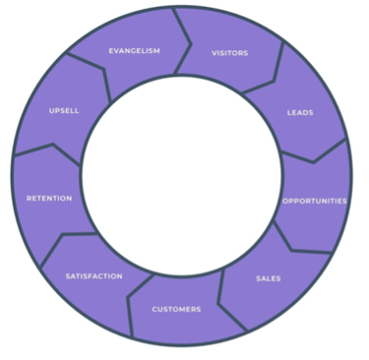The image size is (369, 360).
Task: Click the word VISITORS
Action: click(x=229, y=53)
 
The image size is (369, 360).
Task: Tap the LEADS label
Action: click(x=300, y=113)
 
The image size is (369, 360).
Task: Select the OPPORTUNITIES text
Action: click(x=314, y=201)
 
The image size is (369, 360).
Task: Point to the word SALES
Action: click(x=268, y=278)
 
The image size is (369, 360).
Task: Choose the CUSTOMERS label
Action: click(x=176, y=309)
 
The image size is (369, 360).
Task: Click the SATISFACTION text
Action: click(x=94, y=276)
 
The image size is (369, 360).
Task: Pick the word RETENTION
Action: click(x=49, y=199)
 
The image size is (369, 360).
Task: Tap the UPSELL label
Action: click(x=64, y=110)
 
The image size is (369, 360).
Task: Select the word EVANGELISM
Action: click(x=135, y=51)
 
